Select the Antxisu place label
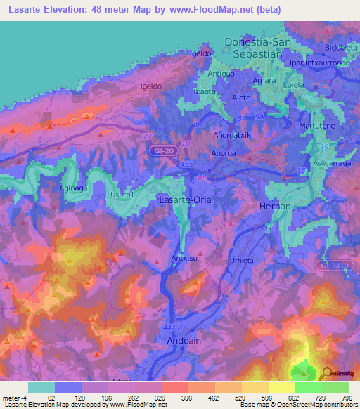(184, 258)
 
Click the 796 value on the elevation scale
(346, 398)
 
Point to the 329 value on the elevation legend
(161, 398)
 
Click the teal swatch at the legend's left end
(41, 387)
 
